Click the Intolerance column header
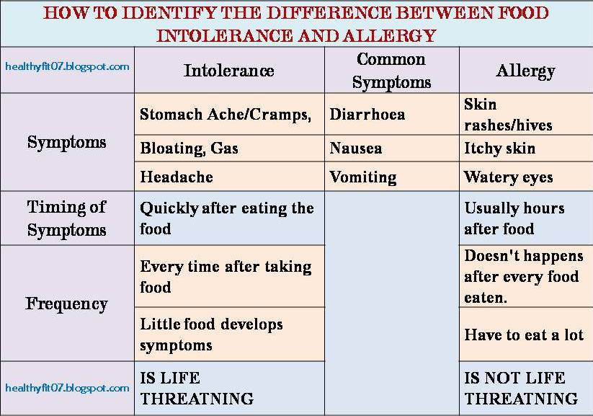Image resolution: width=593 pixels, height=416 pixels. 228,70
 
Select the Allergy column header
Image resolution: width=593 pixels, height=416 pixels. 525,70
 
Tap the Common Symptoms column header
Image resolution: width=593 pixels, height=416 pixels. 391,71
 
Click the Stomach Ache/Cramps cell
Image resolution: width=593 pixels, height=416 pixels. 226,115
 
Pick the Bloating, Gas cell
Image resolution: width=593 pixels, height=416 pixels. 189,149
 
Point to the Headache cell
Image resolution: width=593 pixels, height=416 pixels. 177,177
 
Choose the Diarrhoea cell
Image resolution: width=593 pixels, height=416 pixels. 367,115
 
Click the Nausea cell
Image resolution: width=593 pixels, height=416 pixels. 356,149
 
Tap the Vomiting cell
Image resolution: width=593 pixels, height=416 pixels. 363,177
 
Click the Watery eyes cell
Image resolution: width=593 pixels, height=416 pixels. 509,177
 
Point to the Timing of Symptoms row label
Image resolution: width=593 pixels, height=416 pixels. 67,218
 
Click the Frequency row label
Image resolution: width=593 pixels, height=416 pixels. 67,304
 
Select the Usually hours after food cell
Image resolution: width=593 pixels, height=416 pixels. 514,218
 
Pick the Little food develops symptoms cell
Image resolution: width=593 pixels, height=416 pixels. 211,335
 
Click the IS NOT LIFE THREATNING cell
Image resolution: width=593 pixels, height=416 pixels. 521,388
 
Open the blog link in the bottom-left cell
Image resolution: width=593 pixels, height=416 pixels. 67,388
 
